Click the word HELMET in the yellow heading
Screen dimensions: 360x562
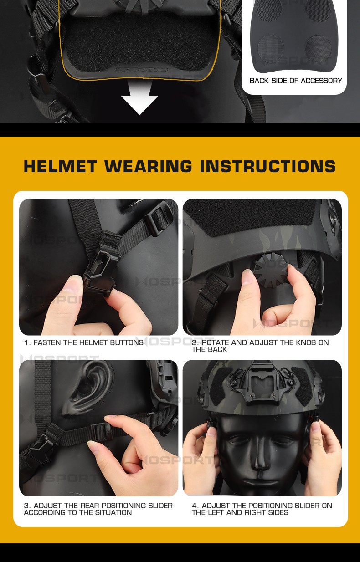click(x=60, y=166)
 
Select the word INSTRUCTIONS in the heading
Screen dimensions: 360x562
click(x=268, y=166)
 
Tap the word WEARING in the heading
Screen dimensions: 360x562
click(x=149, y=166)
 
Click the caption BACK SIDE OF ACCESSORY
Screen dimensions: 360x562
click(x=296, y=81)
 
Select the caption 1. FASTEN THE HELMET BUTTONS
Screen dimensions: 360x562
click(x=84, y=342)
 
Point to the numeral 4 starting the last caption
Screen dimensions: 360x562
click(x=194, y=506)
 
